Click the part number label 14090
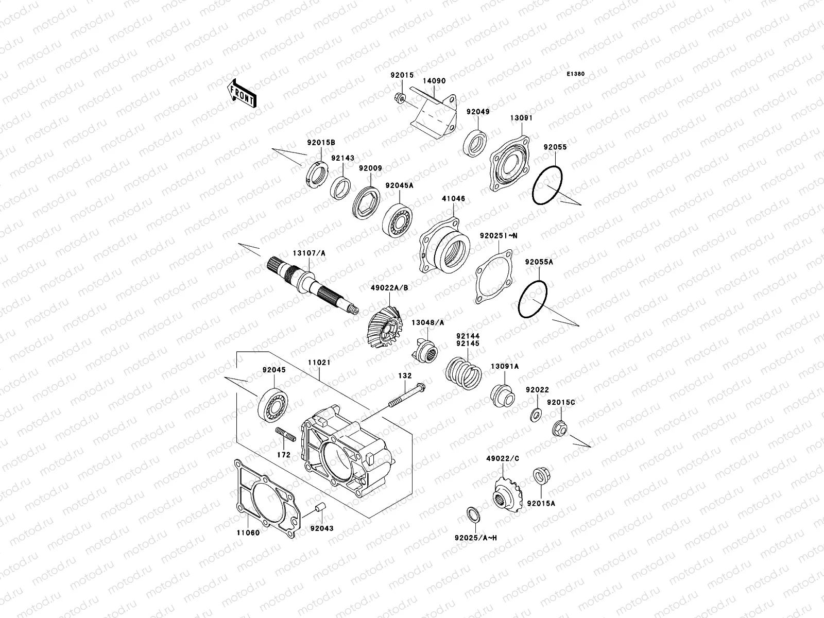click(434, 81)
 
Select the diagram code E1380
click(576, 74)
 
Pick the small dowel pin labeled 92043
click(319, 509)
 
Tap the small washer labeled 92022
click(536, 414)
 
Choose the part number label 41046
click(453, 198)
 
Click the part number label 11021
click(319, 363)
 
